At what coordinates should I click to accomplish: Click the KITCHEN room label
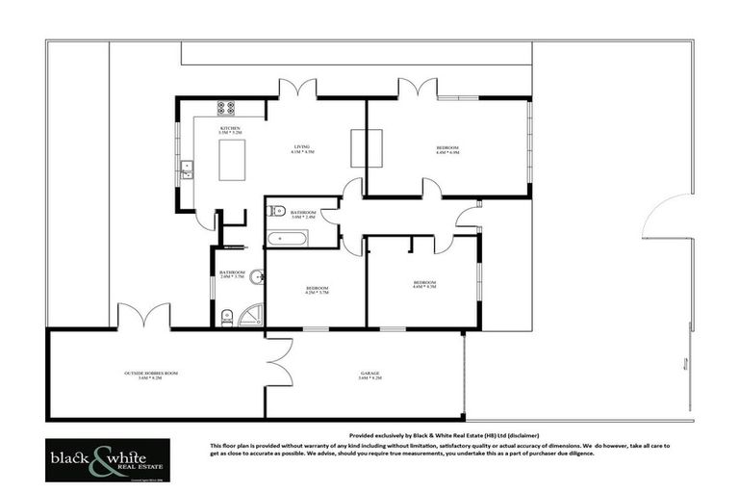point(229,130)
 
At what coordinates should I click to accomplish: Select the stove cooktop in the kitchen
point(227,109)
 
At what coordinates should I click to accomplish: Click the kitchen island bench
point(231,160)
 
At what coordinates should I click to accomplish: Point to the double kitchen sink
point(188,170)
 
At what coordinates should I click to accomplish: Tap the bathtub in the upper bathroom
point(288,237)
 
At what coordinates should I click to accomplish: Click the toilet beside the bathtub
point(276,210)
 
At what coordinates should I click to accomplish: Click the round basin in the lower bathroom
point(257,280)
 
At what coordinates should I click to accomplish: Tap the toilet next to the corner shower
point(227,316)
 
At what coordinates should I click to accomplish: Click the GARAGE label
point(370,375)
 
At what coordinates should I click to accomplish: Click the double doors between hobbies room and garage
point(278,361)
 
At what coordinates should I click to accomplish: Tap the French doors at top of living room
point(297,90)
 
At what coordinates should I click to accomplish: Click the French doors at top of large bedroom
point(418,90)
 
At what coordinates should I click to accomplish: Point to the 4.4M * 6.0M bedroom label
point(447,149)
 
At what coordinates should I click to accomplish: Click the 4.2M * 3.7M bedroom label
point(318,290)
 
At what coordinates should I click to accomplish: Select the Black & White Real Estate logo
point(107,460)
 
